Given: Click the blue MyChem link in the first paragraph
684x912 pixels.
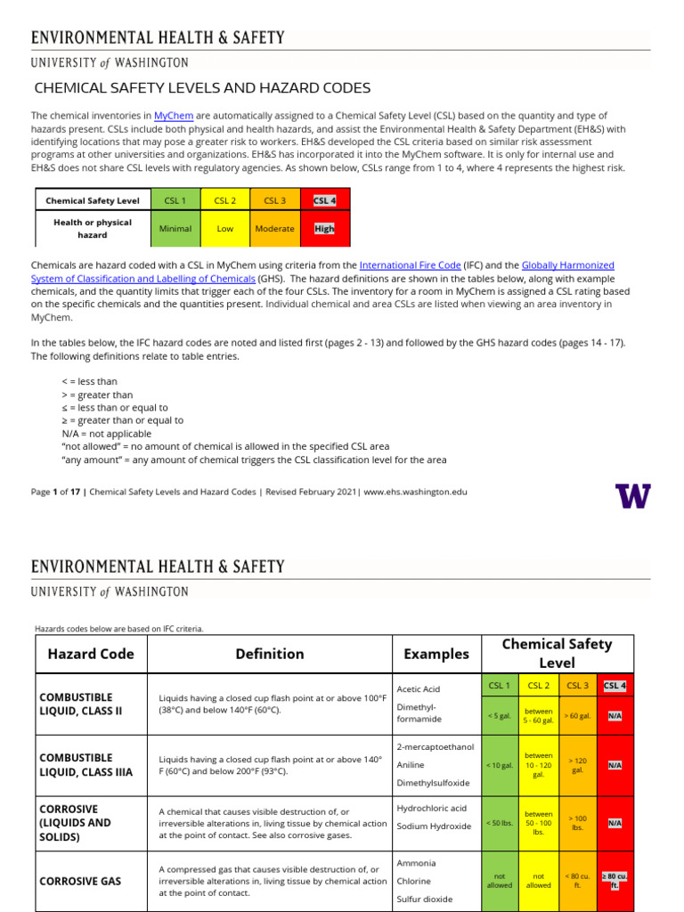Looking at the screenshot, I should [x=174, y=116].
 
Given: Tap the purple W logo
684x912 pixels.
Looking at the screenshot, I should [x=632, y=495].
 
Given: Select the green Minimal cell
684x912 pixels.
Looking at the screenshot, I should [x=175, y=229].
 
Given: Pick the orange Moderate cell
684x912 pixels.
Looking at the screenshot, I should [x=274, y=229].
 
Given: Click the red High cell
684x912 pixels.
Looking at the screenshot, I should [x=325, y=229].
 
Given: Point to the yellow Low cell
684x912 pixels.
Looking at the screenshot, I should [x=225, y=229].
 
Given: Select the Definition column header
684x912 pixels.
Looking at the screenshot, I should [x=270, y=654].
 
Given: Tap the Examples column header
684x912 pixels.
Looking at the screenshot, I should [x=436, y=654].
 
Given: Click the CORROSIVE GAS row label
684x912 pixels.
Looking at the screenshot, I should [x=80, y=881].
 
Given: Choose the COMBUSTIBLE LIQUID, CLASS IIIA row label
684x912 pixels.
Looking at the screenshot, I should [x=86, y=764].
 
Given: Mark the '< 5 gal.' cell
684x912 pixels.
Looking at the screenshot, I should [x=499, y=715].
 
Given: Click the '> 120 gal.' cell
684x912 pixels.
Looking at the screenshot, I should [x=577, y=765].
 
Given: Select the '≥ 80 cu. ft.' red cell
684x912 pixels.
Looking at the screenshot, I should [x=615, y=881].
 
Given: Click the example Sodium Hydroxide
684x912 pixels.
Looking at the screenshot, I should [x=434, y=826].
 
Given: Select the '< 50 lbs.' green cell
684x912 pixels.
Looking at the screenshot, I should [x=499, y=824].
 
